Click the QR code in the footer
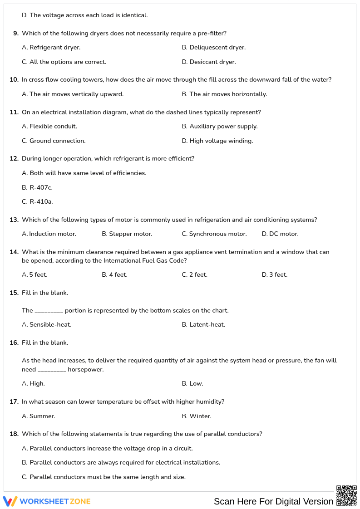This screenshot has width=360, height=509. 346,495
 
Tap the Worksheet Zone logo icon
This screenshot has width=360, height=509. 10,501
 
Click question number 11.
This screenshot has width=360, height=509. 14,113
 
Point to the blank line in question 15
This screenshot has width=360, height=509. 49,311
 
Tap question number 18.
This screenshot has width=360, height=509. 14,434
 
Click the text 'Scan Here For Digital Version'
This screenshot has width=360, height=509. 273,501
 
